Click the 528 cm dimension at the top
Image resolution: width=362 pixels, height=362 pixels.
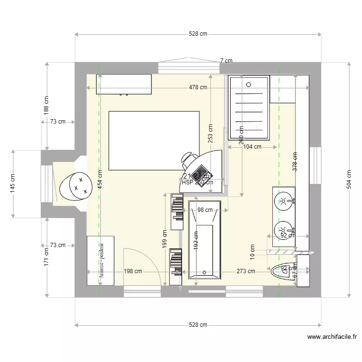pyautogui.click(x=198, y=34)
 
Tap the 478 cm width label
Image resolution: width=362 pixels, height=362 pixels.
pyautogui.click(x=198, y=87)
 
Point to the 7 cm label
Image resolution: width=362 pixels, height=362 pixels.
pyautogui.click(x=226, y=61)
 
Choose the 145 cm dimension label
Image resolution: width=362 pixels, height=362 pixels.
pyautogui.click(x=13, y=184)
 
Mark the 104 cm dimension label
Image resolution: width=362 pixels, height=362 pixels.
pyautogui.click(x=252, y=147)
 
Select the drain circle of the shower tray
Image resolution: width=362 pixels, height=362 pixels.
pyautogui.click(x=249, y=84)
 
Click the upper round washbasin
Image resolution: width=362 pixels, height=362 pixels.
pyautogui.click(x=284, y=200)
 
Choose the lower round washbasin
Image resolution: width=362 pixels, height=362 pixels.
pyautogui.click(x=283, y=230)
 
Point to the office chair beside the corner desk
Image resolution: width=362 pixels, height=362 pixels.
pyautogui.click(x=187, y=159)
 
